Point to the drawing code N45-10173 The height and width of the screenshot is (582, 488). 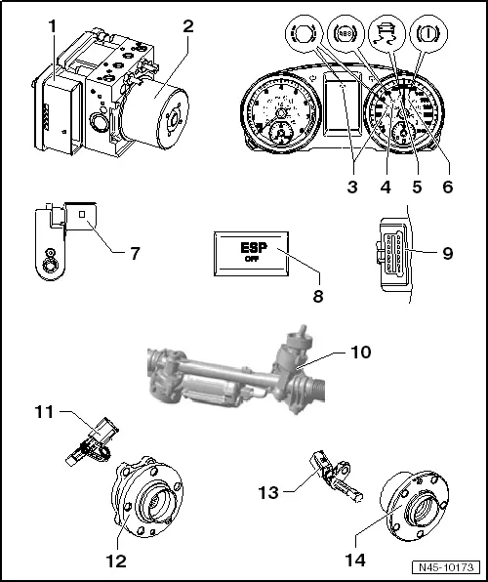click(x=449, y=566)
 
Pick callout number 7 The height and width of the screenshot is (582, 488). click(x=134, y=253)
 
